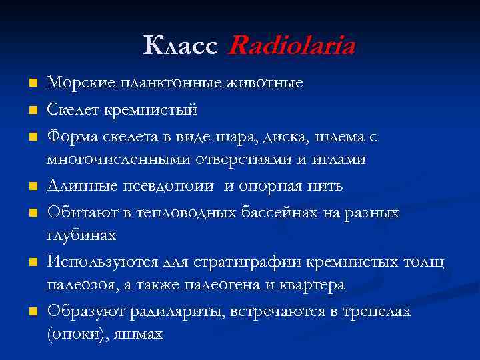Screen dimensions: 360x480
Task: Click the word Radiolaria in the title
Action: click(291, 46)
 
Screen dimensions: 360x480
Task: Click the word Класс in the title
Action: click(180, 46)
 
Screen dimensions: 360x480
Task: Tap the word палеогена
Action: click(218, 285)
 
